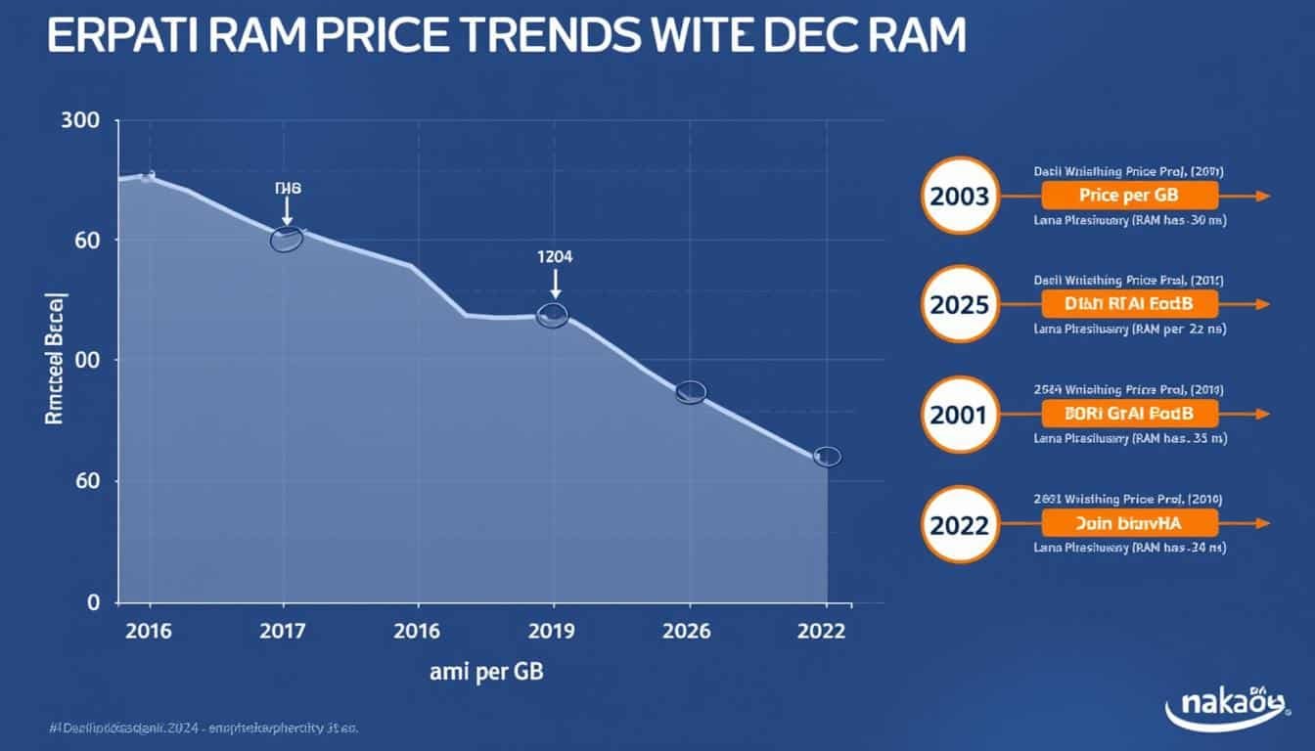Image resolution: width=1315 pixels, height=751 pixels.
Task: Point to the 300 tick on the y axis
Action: pyautogui.click(x=80, y=121)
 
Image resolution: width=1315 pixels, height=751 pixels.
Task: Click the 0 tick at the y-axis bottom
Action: pyautogui.click(x=94, y=602)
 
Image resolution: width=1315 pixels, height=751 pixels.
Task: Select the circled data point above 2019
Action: pyautogui.click(x=553, y=315)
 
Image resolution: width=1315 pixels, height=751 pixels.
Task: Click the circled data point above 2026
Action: pyautogui.click(x=691, y=392)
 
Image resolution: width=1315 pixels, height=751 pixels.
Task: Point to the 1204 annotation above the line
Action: pyautogui.click(x=555, y=257)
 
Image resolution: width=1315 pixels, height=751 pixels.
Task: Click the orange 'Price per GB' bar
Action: pyautogui.click(x=1130, y=196)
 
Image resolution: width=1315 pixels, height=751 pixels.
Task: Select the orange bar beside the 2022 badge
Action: pyautogui.click(x=1130, y=523)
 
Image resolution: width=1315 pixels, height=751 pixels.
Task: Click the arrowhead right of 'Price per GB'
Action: pyautogui.click(x=1261, y=196)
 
